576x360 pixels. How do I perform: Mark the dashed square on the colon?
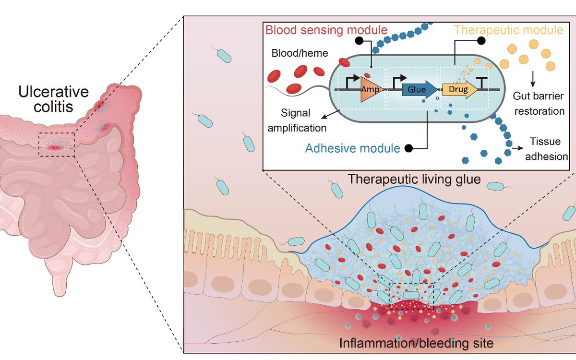click(x=57, y=144)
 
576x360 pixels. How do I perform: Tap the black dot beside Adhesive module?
click(x=409, y=148)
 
